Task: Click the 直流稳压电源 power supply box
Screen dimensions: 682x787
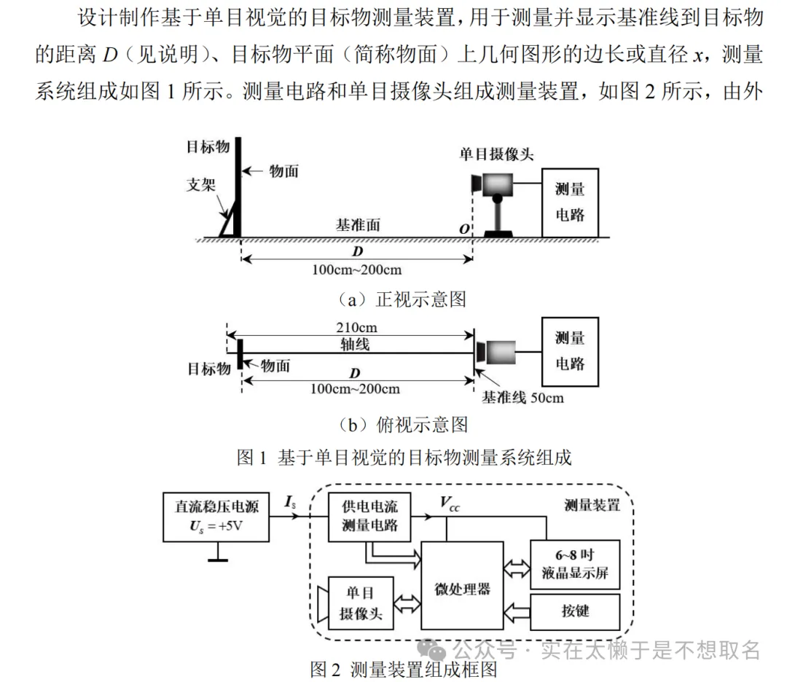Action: pyautogui.click(x=216, y=517)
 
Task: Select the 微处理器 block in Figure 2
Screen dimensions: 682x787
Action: pyautogui.click(x=462, y=586)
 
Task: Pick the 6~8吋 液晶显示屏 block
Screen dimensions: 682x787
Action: pyautogui.click(x=575, y=564)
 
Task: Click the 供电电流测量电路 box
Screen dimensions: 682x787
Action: pyautogui.click(x=369, y=517)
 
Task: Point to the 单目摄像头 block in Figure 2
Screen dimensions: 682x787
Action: pyautogui.click(x=360, y=604)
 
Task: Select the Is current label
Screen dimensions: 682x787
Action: pyautogui.click(x=290, y=501)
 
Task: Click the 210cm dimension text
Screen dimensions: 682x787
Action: pyautogui.click(x=356, y=327)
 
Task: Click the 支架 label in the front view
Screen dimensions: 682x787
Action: pyautogui.click(x=201, y=184)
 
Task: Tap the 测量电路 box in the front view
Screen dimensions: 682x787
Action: pyautogui.click(x=570, y=203)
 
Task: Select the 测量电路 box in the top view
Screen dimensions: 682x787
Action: pyautogui.click(x=570, y=351)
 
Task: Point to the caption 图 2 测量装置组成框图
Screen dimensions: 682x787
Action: pyautogui.click(x=403, y=669)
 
